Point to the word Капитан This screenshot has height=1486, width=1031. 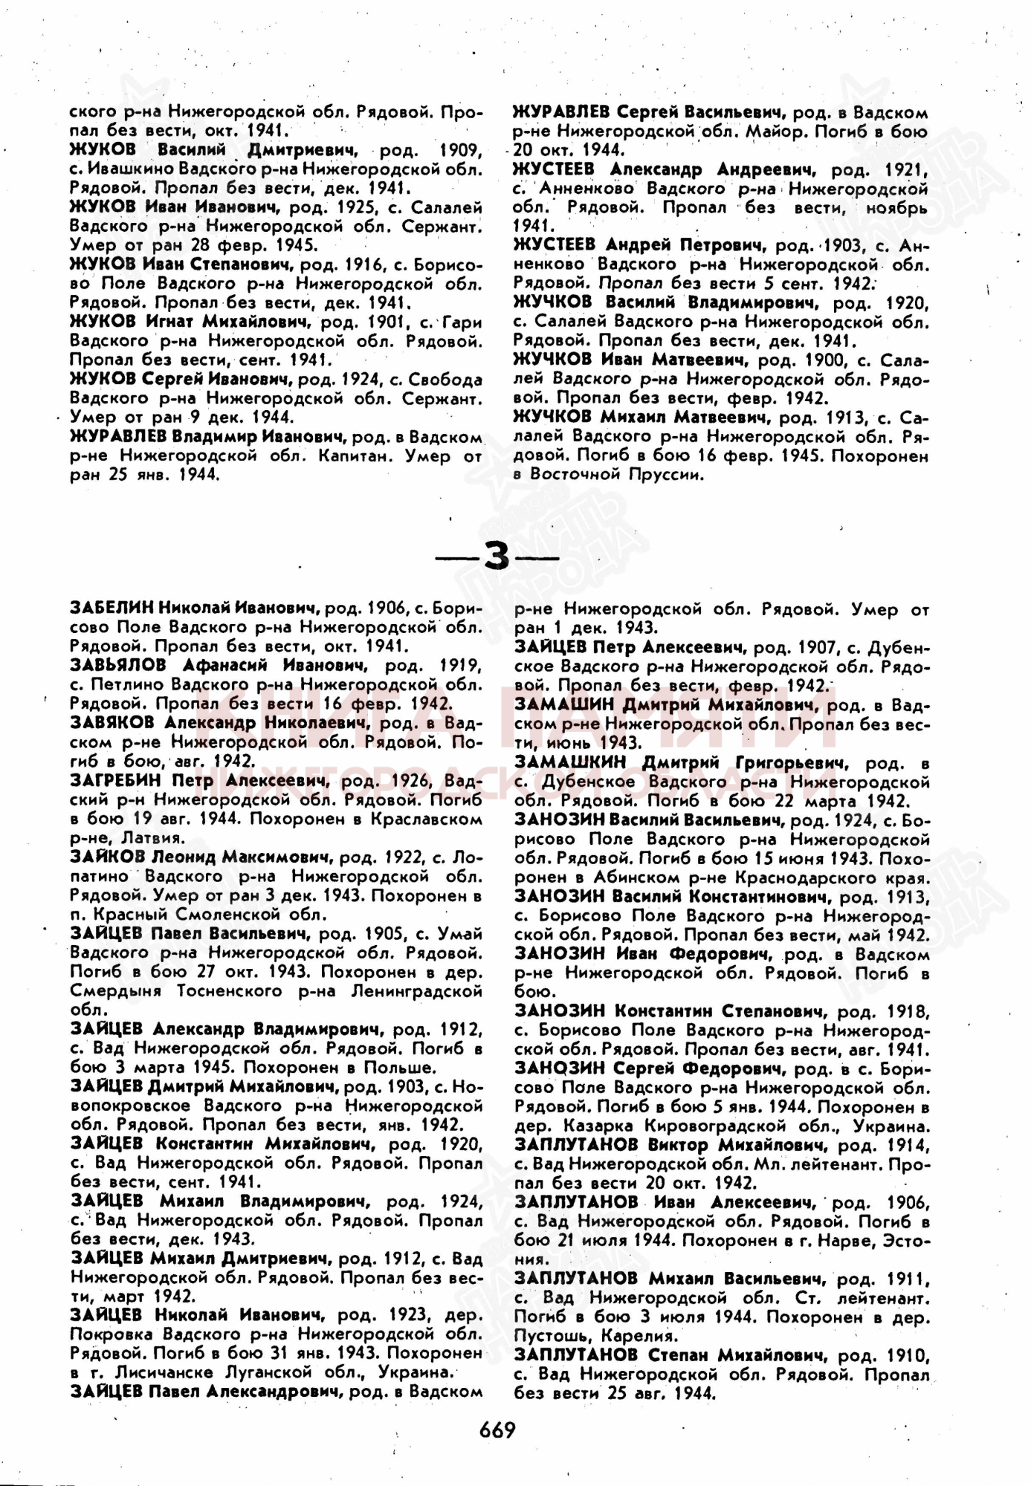(x=354, y=455)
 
